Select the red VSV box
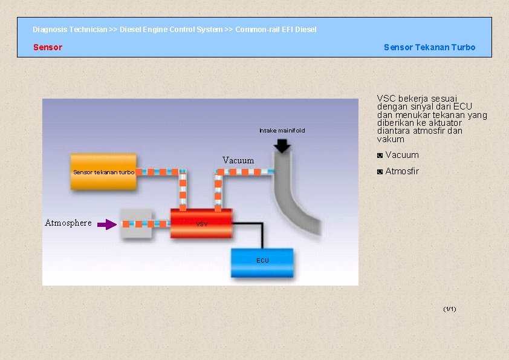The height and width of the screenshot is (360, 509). coord(201,223)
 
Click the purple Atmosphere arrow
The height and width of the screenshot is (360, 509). coord(107,224)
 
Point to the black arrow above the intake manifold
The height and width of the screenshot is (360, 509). coord(282,146)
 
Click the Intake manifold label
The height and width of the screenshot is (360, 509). coord(282,131)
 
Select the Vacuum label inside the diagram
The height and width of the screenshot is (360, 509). coord(238,160)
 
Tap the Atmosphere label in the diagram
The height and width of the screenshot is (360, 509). coord(68,223)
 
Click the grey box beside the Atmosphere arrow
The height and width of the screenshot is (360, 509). coord(136,223)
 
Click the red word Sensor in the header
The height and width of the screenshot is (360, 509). coord(48,47)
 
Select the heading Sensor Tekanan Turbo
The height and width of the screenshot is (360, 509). coord(429,47)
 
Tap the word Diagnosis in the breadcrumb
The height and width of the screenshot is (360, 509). coord(50,30)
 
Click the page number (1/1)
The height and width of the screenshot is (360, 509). coord(449,309)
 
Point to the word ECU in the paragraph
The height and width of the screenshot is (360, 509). coord(462,106)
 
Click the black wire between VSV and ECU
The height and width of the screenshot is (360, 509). coord(262,233)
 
